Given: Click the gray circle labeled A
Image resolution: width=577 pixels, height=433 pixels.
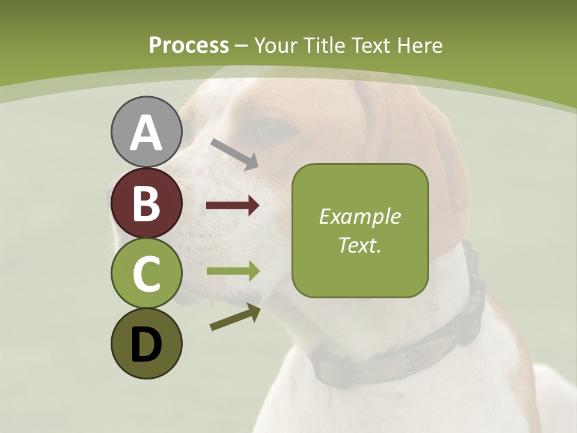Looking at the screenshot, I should click(x=146, y=132).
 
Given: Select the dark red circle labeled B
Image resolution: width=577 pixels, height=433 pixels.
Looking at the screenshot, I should click(x=146, y=203).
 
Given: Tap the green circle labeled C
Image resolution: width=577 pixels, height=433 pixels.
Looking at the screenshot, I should click(x=146, y=274).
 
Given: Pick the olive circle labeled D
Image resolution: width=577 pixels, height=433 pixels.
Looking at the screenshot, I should click(x=146, y=344).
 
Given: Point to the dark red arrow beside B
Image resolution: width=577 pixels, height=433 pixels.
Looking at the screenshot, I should click(x=233, y=206).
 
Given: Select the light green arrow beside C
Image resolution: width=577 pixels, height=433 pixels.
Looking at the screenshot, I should click(x=233, y=271).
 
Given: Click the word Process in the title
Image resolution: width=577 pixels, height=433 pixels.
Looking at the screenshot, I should click(x=189, y=46).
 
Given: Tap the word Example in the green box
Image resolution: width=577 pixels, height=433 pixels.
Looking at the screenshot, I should click(x=359, y=216).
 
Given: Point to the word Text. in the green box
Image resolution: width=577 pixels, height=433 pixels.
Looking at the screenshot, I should click(x=359, y=245).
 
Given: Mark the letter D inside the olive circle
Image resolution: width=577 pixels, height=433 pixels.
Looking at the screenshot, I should click(x=146, y=345).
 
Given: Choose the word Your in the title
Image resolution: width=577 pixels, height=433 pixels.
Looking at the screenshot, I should click(x=276, y=46).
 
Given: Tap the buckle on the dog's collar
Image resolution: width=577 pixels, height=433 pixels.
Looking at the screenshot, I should click(x=475, y=283).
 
